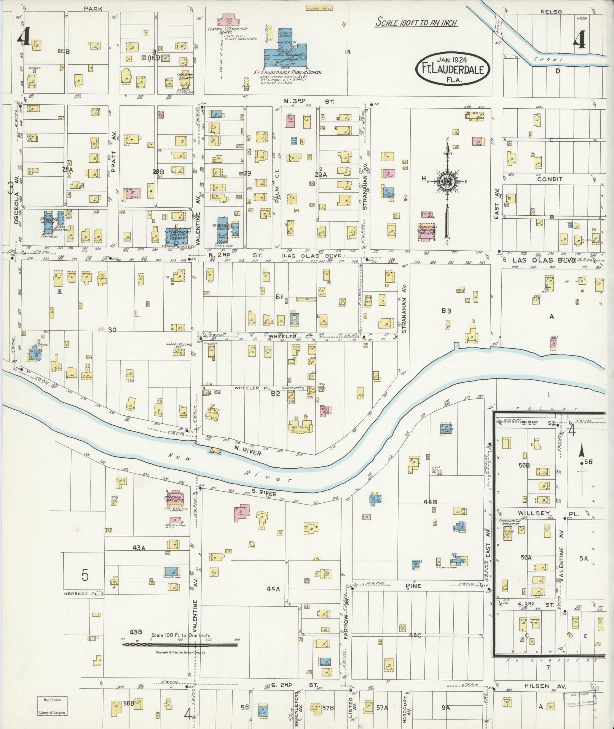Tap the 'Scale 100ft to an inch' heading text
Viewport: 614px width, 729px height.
pyautogui.click(x=416, y=22)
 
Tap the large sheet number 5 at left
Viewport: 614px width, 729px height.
pyautogui.click(x=85, y=575)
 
